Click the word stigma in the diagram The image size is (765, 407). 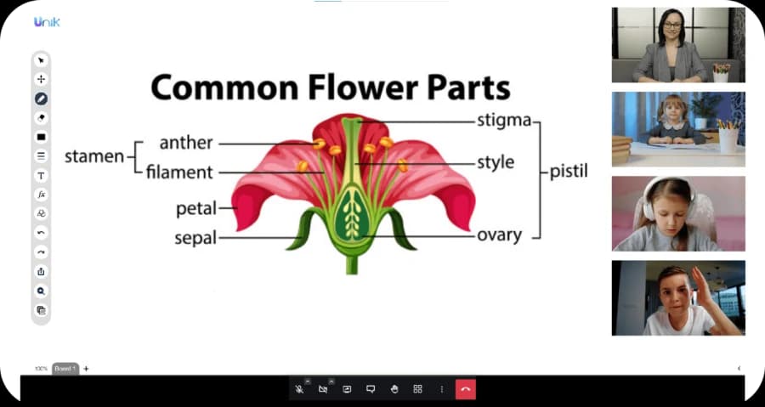504,121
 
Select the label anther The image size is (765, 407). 186,143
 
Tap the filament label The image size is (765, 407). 179,172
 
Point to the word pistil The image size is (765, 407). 569,172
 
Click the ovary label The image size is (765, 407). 499,235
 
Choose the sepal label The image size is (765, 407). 195,238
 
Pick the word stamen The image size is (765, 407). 94,156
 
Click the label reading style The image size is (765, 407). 496,163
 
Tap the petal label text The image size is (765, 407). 196,209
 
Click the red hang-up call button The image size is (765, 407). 466,389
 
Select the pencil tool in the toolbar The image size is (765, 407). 41,99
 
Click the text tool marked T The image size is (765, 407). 41,176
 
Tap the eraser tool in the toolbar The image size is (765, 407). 41,118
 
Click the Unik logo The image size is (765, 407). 47,22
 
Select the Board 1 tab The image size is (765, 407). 65,369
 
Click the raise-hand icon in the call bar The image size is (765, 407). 394,389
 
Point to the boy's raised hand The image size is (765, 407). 703,287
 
